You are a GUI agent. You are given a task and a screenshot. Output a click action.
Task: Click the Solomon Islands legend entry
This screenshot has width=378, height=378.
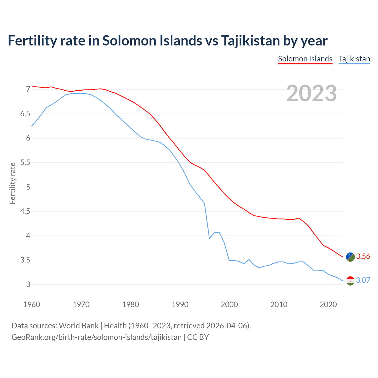pyautogui.click(x=305, y=59)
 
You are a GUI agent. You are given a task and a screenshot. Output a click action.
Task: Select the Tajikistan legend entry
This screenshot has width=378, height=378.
pyautogui.click(x=354, y=59)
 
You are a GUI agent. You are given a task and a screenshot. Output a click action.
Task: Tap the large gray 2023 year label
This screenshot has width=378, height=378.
pyautogui.click(x=312, y=93)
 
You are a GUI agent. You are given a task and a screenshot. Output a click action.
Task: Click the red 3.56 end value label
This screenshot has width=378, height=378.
pyautogui.click(x=363, y=256)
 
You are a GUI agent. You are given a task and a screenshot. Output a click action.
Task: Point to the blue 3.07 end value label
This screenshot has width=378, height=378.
pyautogui.click(x=363, y=280)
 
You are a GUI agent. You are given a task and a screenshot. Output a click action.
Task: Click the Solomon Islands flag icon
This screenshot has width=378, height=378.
pyautogui.click(x=350, y=257)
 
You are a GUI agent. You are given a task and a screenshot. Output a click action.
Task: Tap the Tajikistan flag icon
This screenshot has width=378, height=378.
pyautogui.click(x=350, y=281)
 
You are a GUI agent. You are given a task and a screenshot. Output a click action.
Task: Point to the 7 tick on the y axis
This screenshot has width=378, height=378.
pyautogui.click(x=28, y=89)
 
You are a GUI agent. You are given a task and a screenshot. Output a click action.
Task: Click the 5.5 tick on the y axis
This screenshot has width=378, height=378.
pyautogui.click(x=25, y=162)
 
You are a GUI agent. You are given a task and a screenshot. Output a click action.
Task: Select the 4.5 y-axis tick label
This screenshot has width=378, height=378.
pyautogui.click(x=25, y=211)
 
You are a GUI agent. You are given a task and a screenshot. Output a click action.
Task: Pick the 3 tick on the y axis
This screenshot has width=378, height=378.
pyautogui.click(x=28, y=284)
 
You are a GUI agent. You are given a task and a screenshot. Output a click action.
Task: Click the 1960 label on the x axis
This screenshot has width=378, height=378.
pyautogui.click(x=32, y=304)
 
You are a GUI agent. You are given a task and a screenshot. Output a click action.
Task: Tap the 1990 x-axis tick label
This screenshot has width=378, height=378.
pyautogui.click(x=180, y=304)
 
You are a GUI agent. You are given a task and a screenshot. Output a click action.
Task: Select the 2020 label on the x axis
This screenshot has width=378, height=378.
pyautogui.click(x=328, y=304)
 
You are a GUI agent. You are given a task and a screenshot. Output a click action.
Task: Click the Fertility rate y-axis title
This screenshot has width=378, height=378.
pyautogui.click(x=12, y=183)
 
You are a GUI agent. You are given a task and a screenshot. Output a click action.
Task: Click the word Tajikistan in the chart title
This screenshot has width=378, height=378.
pyautogui.click(x=250, y=41)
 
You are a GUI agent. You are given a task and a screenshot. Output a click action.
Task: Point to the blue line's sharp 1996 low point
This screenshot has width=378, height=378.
pyautogui.click(x=209, y=238)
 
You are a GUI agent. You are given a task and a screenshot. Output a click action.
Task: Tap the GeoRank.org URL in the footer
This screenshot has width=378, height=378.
pyautogui.click(x=97, y=337)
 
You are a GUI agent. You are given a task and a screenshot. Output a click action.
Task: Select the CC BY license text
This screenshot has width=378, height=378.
pyautogui.click(x=198, y=337)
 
